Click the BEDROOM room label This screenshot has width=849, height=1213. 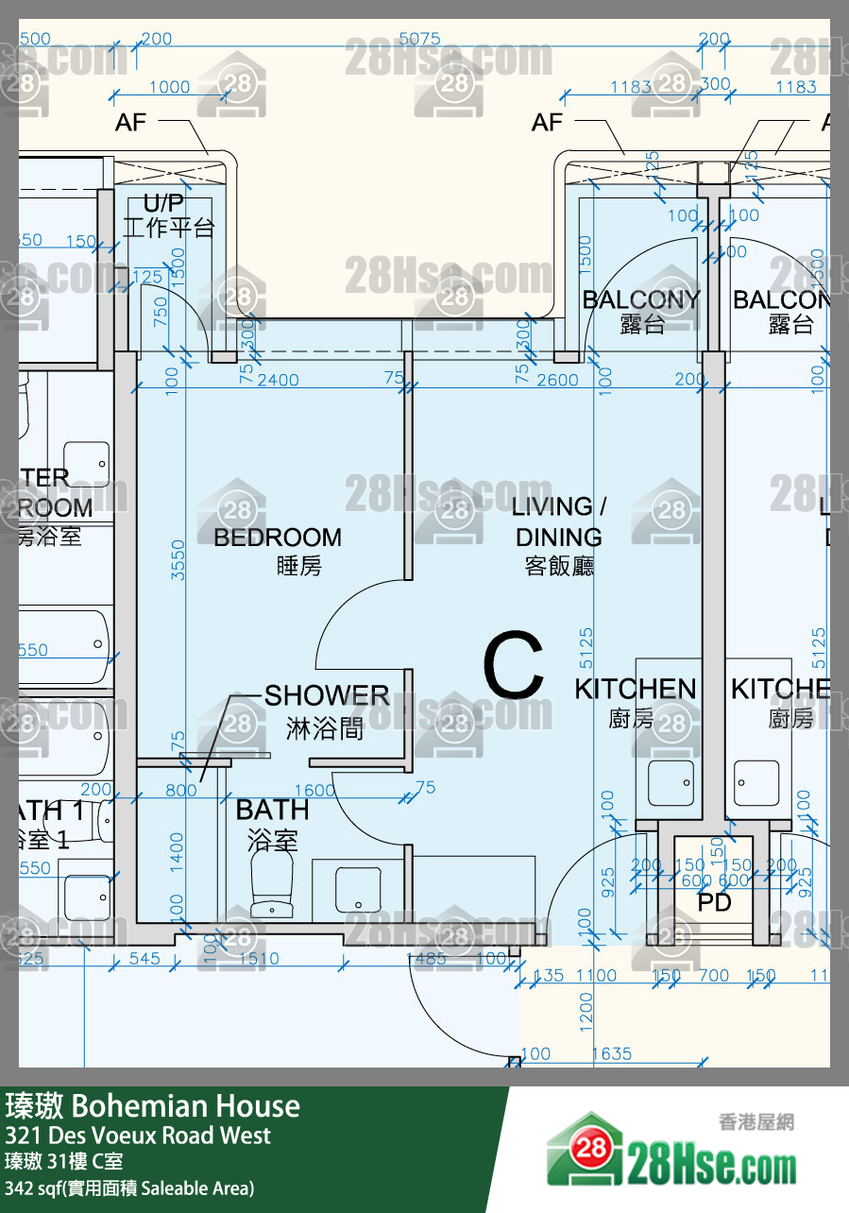point(277,538)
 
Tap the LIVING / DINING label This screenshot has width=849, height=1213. point(559,521)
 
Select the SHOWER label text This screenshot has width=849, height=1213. point(326,696)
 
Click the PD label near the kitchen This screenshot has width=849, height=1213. point(714,902)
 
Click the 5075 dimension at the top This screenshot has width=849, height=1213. point(419,39)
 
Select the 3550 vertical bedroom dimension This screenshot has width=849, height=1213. point(178,560)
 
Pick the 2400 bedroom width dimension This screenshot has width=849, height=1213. point(278,380)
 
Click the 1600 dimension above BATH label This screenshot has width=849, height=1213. point(314,791)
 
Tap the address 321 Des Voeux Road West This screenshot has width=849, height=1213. point(138,1136)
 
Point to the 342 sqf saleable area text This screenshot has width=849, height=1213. point(130,1187)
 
